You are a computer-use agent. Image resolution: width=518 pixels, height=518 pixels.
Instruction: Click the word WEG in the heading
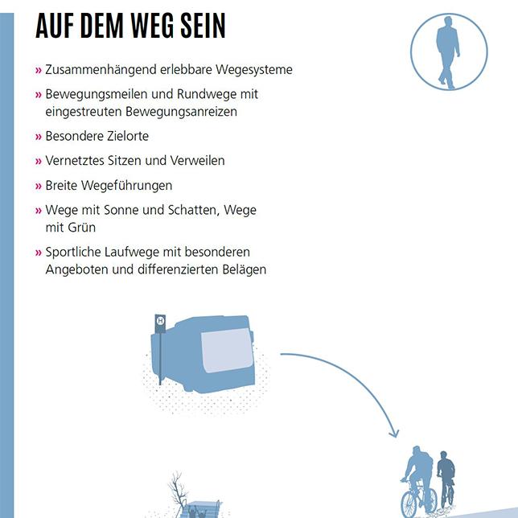(x=152, y=26)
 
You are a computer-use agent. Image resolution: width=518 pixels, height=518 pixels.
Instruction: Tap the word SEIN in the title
(x=203, y=26)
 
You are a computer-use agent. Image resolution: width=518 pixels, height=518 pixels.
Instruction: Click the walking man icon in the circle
(x=448, y=52)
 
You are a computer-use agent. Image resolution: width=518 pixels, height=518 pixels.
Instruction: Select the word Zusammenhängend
(x=101, y=70)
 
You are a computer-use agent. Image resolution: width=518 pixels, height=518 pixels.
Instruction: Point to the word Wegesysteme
(x=254, y=70)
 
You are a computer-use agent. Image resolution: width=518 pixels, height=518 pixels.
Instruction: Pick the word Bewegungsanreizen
(x=181, y=112)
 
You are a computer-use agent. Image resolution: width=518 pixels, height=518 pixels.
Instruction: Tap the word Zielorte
(x=128, y=136)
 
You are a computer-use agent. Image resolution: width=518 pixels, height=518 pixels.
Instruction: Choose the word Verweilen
(x=198, y=161)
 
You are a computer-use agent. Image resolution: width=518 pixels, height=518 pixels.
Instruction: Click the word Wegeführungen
(x=126, y=186)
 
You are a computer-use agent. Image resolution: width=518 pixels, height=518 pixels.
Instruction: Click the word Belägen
(x=245, y=269)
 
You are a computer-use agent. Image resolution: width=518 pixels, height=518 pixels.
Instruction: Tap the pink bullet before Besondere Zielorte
(x=39, y=137)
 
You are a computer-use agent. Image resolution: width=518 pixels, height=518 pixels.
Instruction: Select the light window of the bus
(x=227, y=351)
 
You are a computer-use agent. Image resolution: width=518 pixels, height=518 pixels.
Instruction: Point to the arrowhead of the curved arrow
(x=394, y=433)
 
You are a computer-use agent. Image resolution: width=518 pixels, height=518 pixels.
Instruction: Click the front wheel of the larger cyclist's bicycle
(x=409, y=504)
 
